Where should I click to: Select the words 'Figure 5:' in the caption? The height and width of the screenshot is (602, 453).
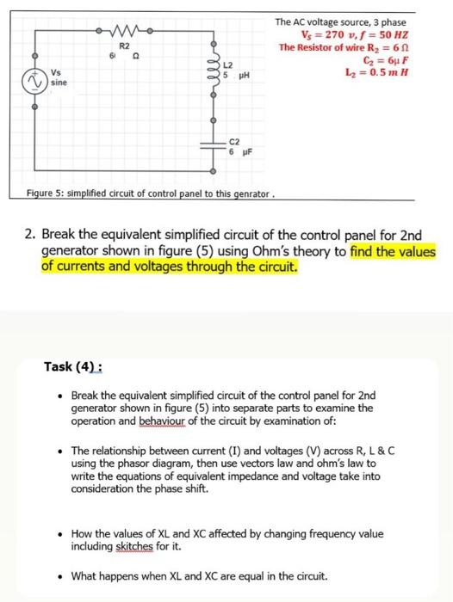pyautogui.click(x=49, y=192)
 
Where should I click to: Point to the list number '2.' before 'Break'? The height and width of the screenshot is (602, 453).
pyautogui.click(x=29, y=235)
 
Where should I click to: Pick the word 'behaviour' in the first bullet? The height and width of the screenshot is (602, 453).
pyautogui.click(x=187, y=421)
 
